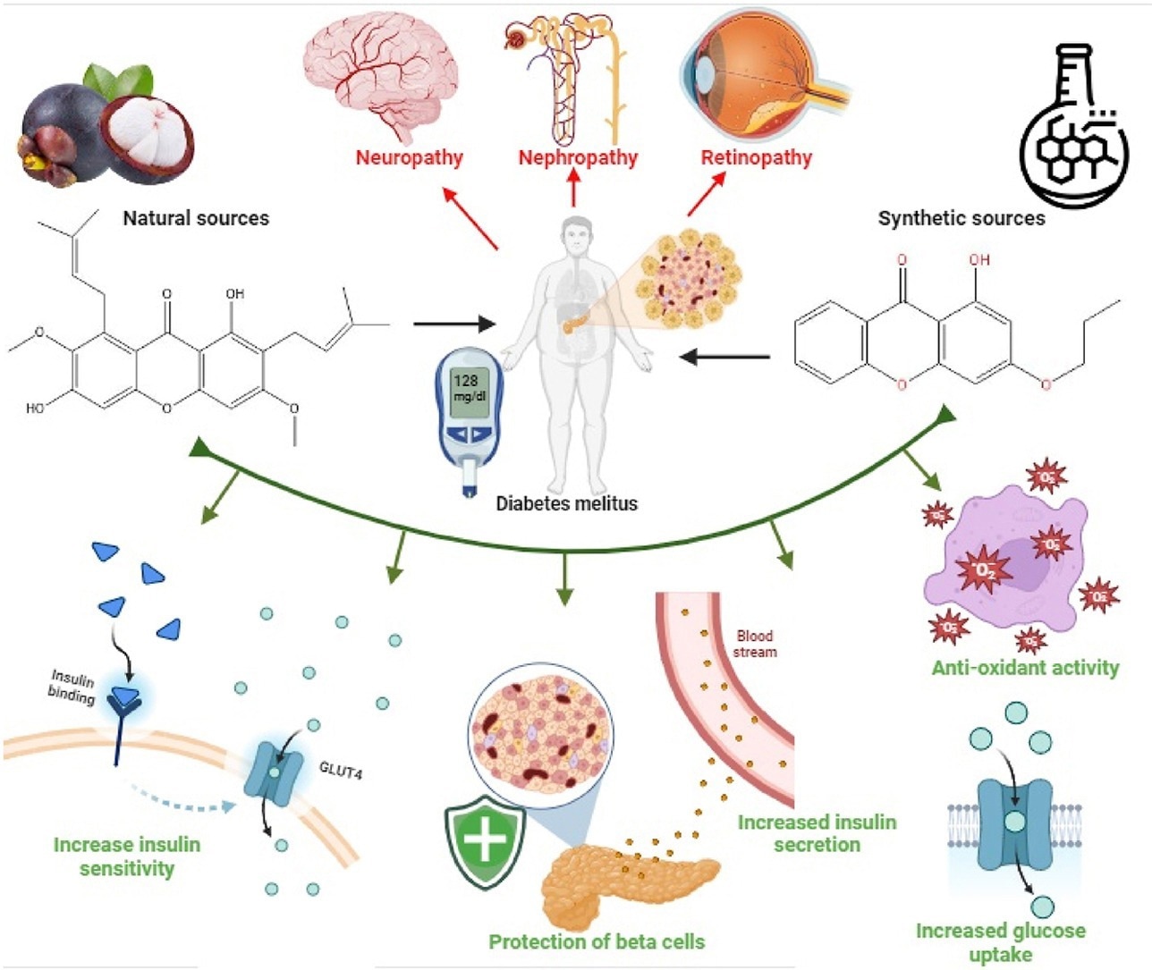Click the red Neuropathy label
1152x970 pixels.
point(409,158)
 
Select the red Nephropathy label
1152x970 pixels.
point(578,158)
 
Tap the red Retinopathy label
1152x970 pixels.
point(756,158)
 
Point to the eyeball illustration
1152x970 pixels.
point(760,76)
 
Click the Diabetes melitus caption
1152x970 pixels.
point(566,503)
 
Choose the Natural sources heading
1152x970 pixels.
point(196,218)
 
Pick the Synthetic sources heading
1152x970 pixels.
point(961,218)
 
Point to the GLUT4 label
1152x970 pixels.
point(341,768)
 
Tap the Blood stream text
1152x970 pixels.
point(755,644)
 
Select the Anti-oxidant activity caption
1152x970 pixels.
point(1025,668)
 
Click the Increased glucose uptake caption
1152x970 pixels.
point(1000,942)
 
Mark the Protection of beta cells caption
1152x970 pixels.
point(597,941)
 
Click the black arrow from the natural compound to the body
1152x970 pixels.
point(453,324)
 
